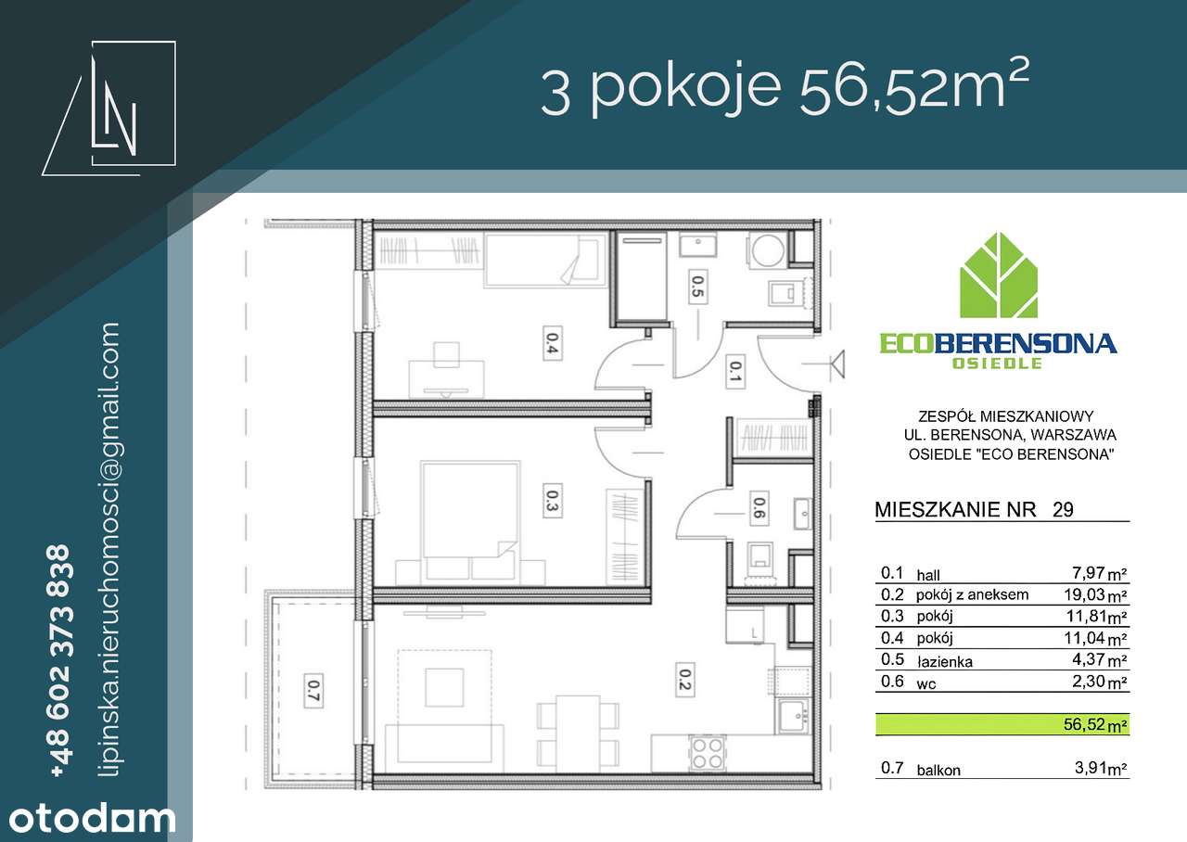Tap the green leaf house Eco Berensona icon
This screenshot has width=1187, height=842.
click(x=998, y=275)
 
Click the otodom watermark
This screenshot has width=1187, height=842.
click(x=88, y=819)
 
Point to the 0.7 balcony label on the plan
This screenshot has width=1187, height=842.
click(x=313, y=688)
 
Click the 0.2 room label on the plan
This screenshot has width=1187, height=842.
click(x=684, y=681)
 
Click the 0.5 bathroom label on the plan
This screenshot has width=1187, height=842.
click(x=697, y=287)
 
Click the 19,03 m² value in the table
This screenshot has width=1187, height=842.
click(x=1095, y=595)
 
